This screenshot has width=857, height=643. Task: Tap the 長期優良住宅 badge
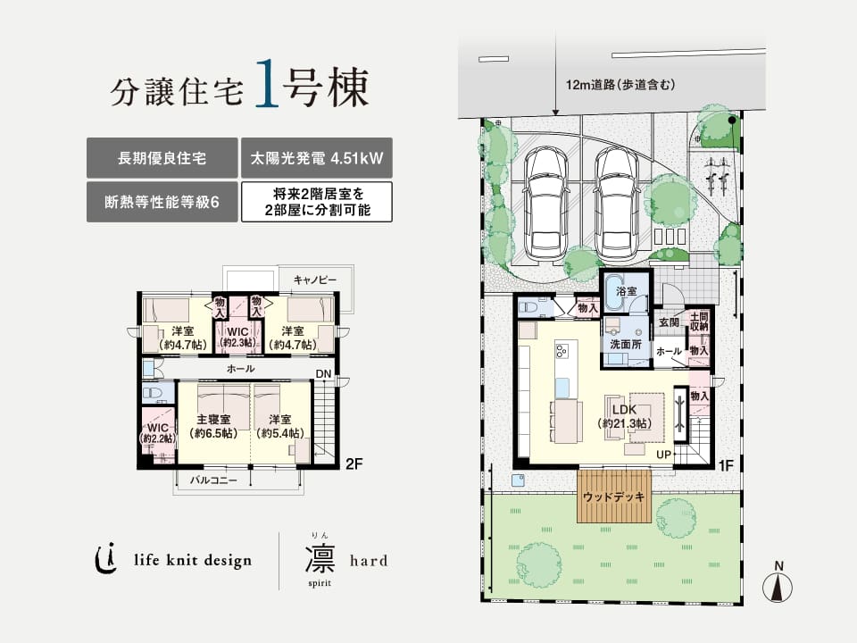click(162, 158)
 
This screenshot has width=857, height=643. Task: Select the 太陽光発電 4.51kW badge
click(317, 158)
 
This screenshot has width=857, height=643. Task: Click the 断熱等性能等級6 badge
click(162, 202)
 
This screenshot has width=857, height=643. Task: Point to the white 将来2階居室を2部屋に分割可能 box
click(317, 202)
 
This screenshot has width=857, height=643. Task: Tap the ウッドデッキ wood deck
click(614, 496)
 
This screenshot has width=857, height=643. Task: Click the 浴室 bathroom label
click(626, 291)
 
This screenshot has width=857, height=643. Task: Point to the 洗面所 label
click(626, 345)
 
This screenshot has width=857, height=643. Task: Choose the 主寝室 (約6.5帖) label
click(213, 427)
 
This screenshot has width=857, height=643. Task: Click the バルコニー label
click(213, 480)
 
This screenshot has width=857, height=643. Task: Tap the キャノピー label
click(315, 280)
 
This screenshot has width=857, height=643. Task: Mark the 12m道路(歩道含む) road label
click(621, 85)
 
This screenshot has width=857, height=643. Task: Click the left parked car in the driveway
click(545, 204)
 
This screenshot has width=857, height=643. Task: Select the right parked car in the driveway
click(617, 204)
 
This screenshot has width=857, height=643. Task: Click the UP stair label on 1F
click(663, 455)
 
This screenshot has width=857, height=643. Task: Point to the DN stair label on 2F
click(323, 374)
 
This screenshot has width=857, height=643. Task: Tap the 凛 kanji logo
click(320, 557)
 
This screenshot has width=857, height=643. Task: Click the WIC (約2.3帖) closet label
click(237, 338)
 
